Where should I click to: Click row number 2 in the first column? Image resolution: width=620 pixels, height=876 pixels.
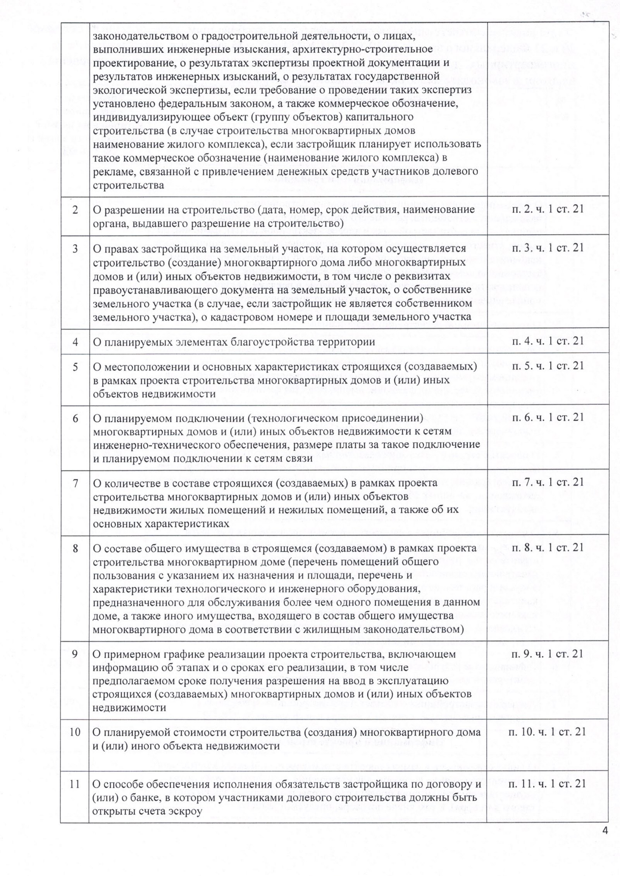[75, 210]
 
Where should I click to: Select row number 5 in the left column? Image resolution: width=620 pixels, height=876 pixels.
[75, 366]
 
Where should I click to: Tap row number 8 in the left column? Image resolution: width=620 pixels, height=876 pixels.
[75, 548]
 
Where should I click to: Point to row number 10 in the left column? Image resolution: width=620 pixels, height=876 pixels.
[75, 732]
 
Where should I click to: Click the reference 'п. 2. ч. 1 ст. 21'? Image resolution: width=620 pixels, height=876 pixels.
[548, 210]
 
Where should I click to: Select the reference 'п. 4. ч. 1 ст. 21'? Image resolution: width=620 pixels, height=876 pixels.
[548, 341]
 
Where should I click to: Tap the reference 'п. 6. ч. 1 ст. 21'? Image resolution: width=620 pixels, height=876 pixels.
[548, 417]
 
